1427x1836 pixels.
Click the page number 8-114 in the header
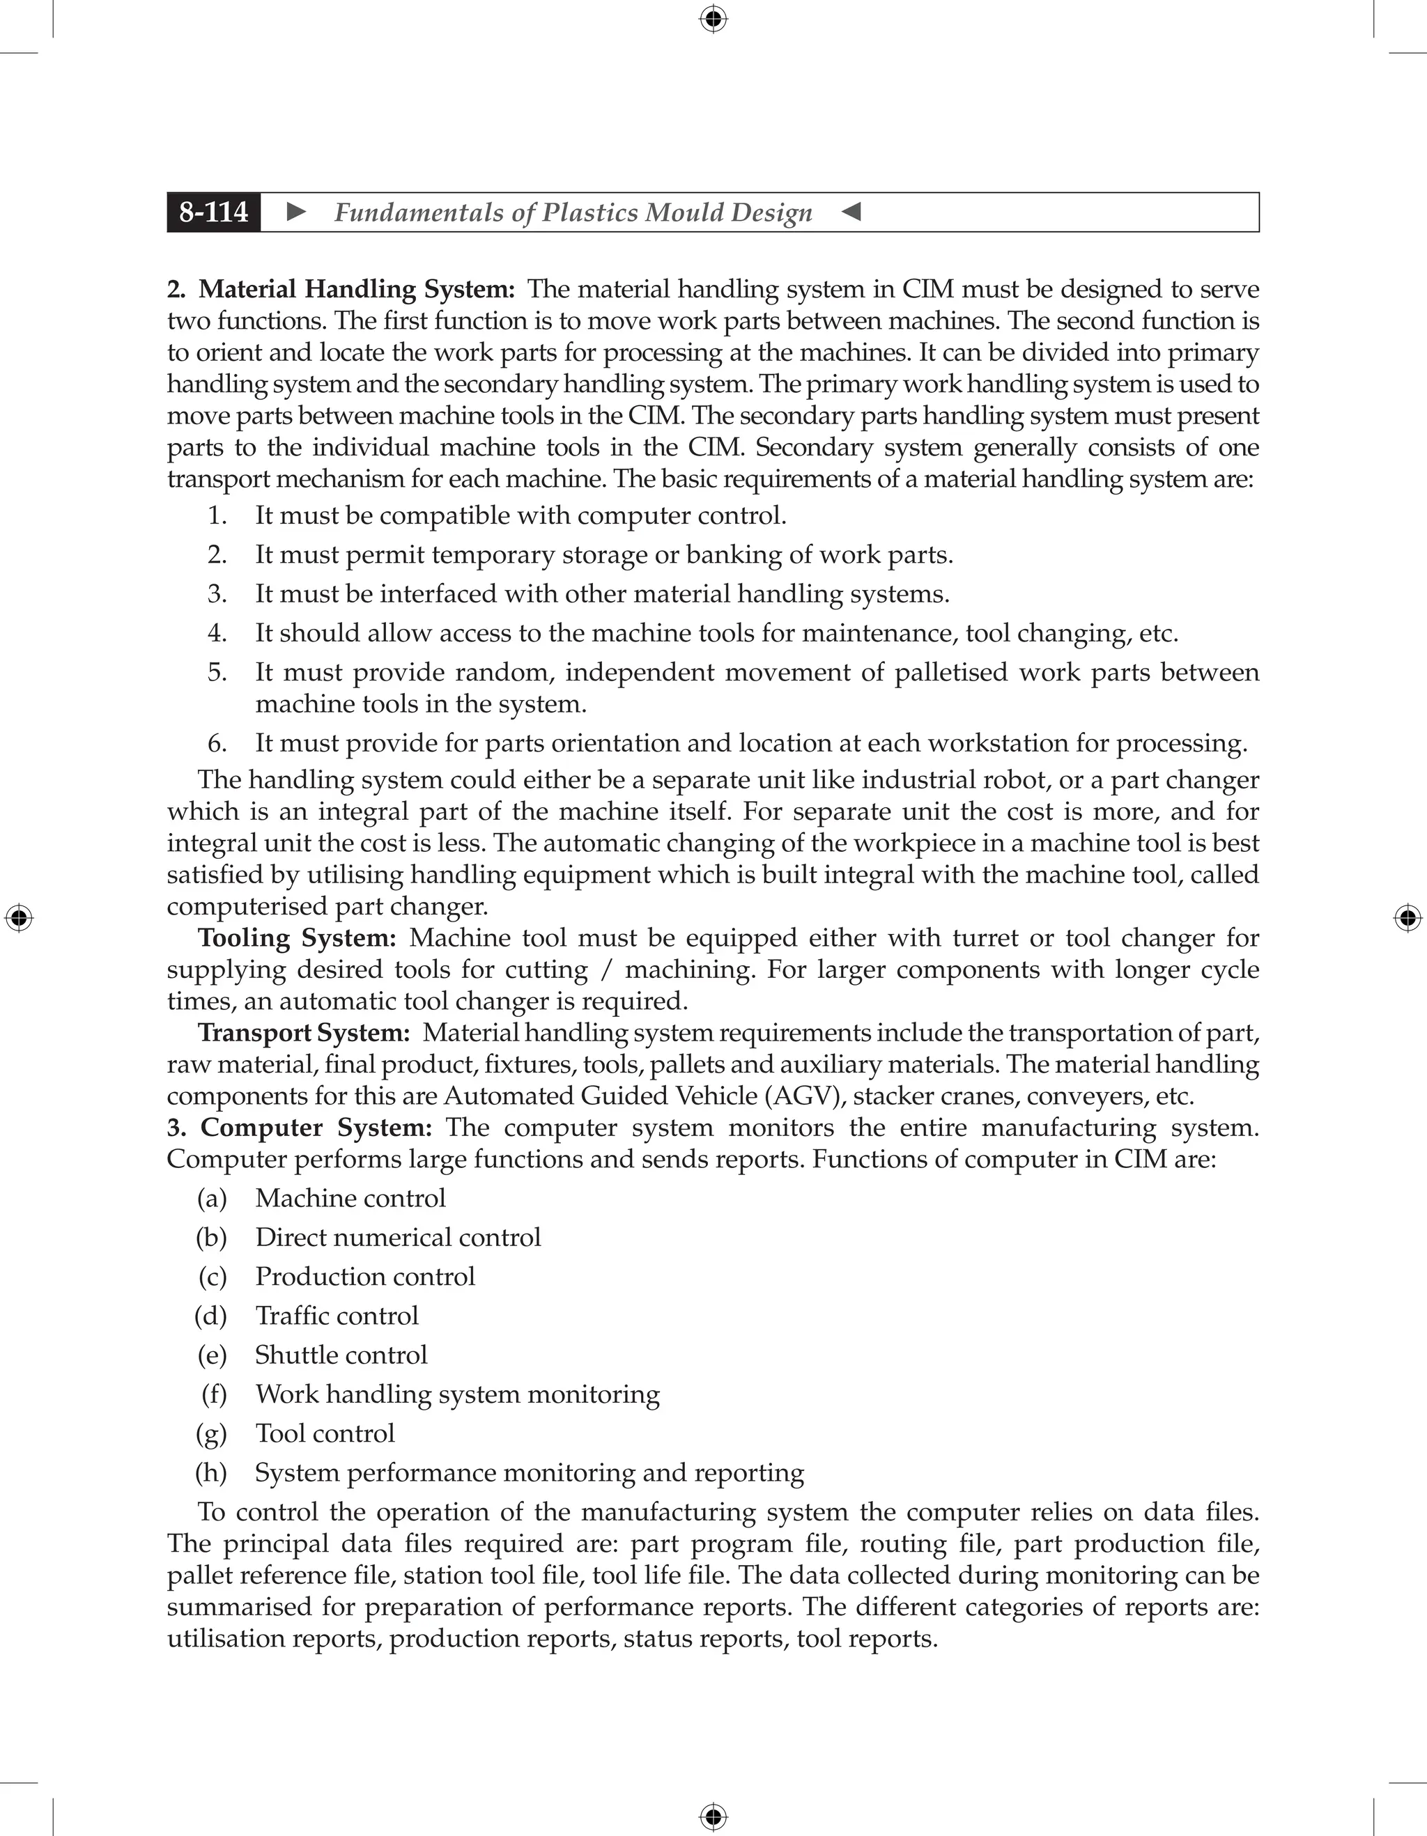(214, 212)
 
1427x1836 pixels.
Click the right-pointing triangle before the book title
(296, 212)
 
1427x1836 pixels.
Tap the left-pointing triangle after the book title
(851, 212)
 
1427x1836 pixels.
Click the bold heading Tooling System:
(297, 938)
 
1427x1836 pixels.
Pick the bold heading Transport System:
(304, 1032)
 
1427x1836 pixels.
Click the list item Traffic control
(337, 1316)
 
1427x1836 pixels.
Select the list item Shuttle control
(341, 1355)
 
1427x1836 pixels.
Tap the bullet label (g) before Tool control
(211, 1434)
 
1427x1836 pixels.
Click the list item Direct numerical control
(398, 1238)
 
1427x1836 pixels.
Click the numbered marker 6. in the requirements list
(217, 743)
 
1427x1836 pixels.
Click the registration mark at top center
(713, 19)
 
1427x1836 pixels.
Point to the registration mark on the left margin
(19, 918)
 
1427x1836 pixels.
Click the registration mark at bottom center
(713, 1816)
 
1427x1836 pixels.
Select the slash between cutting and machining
(606, 970)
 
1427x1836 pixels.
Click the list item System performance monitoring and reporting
(529, 1473)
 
